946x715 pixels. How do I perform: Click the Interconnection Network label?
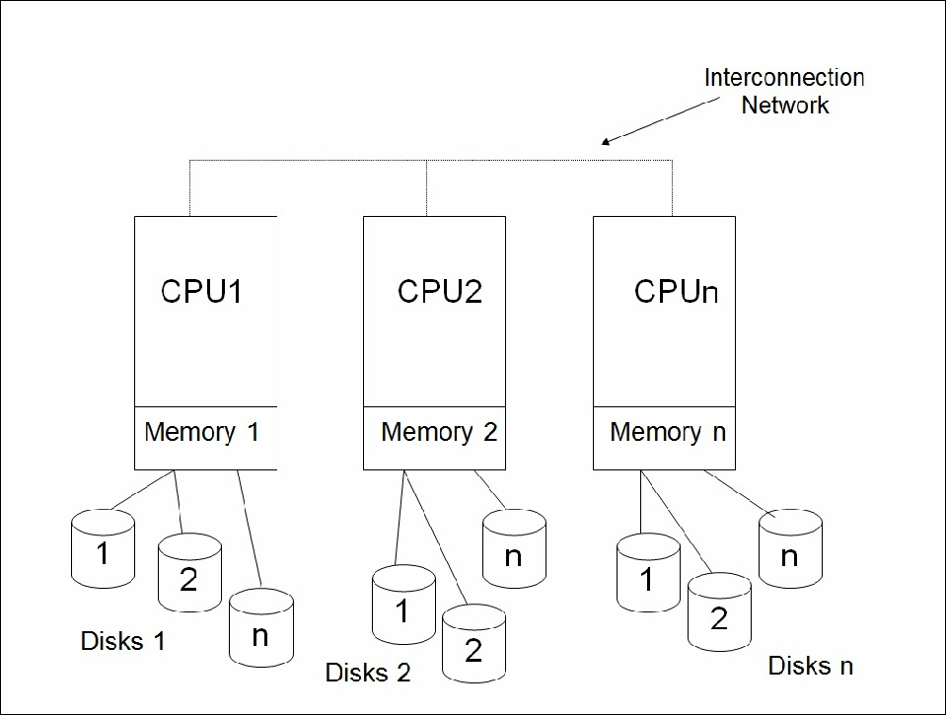point(784,91)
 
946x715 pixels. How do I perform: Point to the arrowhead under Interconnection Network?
point(609,142)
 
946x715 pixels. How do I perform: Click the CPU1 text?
point(201,292)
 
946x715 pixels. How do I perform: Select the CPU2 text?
point(440,292)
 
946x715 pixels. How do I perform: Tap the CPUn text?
point(677,292)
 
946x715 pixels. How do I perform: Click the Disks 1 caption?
point(122,641)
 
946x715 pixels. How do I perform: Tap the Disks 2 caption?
point(368,674)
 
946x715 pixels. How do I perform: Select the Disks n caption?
point(810,666)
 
